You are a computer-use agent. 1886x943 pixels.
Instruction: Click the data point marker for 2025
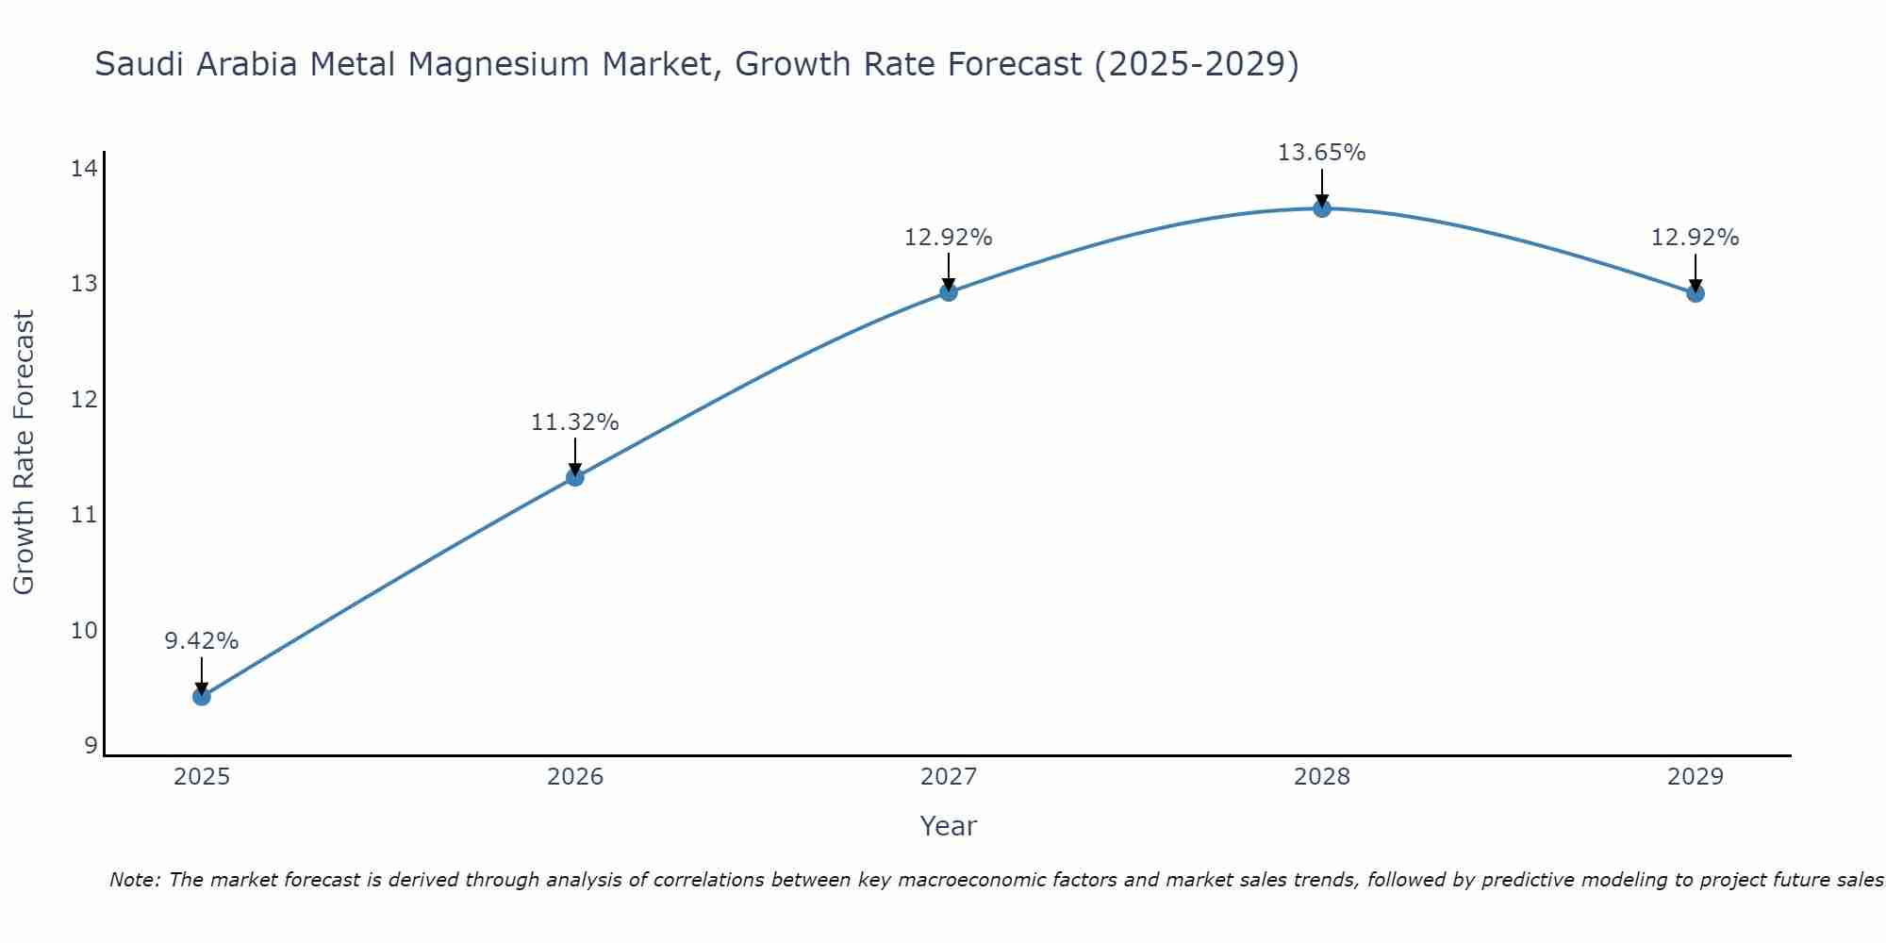coord(202,697)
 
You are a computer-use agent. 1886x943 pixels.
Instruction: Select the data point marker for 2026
coord(575,477)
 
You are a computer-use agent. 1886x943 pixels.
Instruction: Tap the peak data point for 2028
coord(1322,208)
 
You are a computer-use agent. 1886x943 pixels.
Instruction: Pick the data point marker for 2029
coord(1696,293)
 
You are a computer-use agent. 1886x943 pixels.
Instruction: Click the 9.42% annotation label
coord(202,641)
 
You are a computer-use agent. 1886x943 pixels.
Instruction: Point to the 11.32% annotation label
coord(575,422)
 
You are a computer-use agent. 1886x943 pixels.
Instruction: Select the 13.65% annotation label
coord(1322,153)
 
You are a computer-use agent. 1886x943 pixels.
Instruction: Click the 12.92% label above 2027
coord(949,238)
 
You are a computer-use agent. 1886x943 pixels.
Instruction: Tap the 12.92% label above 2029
coord(1696,238)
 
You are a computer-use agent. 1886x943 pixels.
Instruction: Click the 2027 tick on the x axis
coord(949,777)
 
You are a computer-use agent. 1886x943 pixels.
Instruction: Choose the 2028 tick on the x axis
coord(1322,777)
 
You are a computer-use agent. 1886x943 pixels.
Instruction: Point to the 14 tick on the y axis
coord(84,169)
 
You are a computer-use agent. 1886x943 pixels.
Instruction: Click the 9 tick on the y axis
coord(91,746)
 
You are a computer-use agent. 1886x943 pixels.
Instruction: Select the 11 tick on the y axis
coord(84,515)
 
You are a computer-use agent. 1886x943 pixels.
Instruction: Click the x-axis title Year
coord(949,826)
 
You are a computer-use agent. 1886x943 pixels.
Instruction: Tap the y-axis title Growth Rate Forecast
coord(25,453)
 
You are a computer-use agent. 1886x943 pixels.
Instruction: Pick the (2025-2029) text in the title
coord(1196,65)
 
